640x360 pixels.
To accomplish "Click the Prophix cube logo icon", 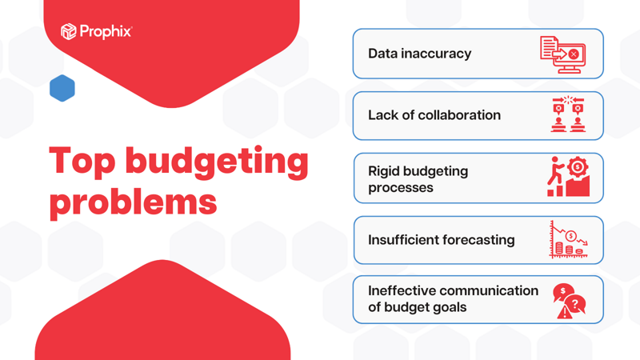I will [x=69, y=31].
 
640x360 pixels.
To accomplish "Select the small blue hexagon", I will [x=62, y=88].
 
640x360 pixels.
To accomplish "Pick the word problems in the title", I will [x=134, y=202].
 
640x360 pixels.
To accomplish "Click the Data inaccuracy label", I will [x=419, y=54].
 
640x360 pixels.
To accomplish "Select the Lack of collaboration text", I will [x=434, y=115].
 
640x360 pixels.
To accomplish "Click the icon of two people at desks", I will [x=567, y=115].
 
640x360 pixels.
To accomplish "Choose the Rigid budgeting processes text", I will [x=418, y=179].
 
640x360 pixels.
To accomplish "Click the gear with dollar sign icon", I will [x=577, y=169].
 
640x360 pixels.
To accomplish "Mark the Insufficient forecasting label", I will [x=441, y=240].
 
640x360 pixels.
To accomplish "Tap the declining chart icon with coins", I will [x=568, y=240].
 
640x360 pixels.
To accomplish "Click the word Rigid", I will [x=385, y=171].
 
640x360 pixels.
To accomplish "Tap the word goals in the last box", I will [x=448, y=308].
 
